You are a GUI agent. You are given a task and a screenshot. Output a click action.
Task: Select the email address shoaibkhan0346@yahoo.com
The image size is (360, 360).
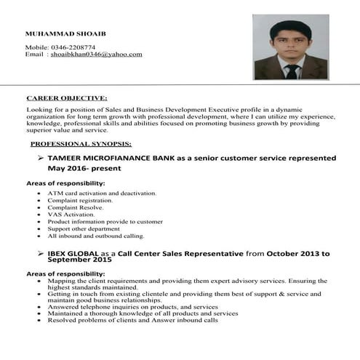96,55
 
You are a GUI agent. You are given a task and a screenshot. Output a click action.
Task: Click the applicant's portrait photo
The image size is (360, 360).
290,47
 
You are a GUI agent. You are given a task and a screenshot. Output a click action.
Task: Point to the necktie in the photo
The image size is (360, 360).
291,71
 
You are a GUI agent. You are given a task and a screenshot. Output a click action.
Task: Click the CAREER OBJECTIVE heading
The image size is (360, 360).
66,97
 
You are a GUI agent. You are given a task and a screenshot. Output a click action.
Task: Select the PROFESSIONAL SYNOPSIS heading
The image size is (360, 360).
81,144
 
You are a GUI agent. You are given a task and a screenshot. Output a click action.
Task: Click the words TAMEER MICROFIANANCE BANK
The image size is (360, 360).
111,157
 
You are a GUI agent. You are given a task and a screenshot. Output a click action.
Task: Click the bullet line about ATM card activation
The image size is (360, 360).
102,193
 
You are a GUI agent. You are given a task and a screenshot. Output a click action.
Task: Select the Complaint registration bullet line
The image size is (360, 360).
80,200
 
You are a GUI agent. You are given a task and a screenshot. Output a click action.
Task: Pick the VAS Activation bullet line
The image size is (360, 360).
71,215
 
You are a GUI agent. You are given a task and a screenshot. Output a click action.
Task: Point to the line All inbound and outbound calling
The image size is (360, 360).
96,236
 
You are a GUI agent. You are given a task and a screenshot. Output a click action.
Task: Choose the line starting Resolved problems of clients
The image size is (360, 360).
132,320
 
